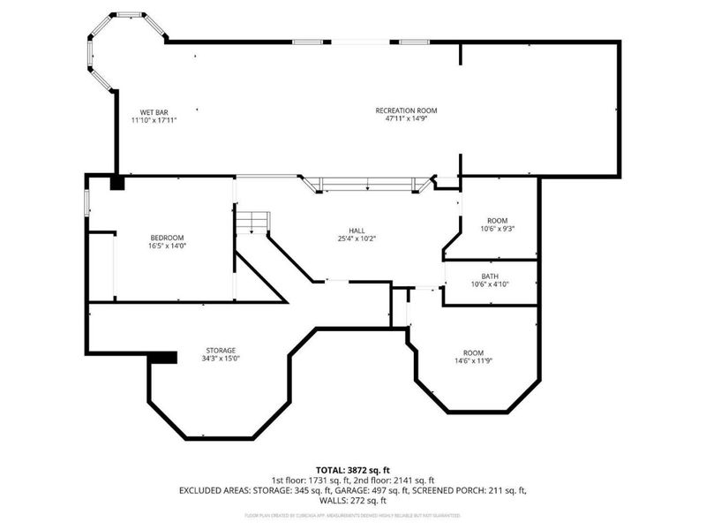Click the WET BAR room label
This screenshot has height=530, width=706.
(x=149, y=112)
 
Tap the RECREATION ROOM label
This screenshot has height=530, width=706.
(x=406, y=110)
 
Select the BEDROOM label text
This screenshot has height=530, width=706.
(x=167, y=238)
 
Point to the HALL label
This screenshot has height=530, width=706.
(x=357, y=231)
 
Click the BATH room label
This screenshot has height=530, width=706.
(x=490, y=276)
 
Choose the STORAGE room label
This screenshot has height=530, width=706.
(x=221, y=351)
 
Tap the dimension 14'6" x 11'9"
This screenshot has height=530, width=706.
(x=473, y=360)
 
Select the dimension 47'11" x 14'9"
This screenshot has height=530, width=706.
(x=406, y=119)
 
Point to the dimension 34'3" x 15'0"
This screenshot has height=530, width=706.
(x=221, y=359)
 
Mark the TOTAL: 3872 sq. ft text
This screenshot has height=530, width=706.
(x=353, y=469)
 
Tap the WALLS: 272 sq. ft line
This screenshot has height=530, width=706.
(x=353, y=499)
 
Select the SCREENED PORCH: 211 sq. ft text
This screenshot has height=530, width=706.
(x=477, y=489)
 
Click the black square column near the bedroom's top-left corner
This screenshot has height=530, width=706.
(x=116, y=183)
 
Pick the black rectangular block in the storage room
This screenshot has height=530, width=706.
(x=160, y=357)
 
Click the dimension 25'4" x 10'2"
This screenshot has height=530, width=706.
(x=357, y=238)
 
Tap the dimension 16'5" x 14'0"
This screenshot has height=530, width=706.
(x=167, y=246)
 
